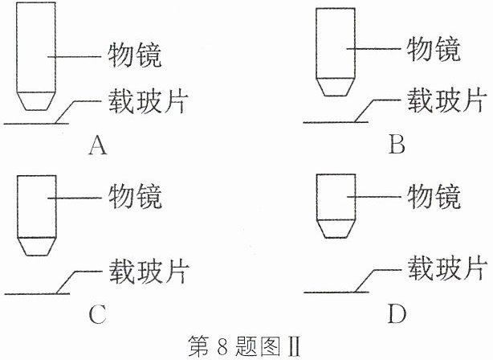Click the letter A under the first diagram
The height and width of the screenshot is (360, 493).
pyautogui.click(x=97, y=145)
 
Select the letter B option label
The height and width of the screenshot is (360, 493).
pyautogui.click(x=397, y=145)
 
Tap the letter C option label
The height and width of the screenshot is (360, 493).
pyautogui.click(x=97, y=314)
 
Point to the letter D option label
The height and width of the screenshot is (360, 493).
pyautogui.click(x=397, y=313)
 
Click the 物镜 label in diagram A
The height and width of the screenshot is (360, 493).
pyautogui.click(x=135, y=55)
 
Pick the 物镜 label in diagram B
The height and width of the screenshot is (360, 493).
pyautogui.click(x=434, y=49)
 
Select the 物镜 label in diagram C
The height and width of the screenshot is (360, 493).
pyautogui.click(x=135, y=197)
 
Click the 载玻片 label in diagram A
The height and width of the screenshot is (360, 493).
pyautogui.click(x=148, y=100)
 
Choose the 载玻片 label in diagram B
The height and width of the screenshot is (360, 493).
pyautogui.click(x=445, y=100)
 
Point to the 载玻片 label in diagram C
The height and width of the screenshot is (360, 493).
pyautogui.click(x=149, y=271)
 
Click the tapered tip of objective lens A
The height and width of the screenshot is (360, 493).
pyautogui.click(x=36, y=101)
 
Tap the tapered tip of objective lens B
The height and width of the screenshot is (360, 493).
pyautogui.click(x=336, y=87)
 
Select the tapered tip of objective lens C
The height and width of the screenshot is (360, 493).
pyautogui.click(x=36, y=246)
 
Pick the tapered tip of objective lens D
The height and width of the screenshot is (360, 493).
pyautogui.click(x=336, y=229)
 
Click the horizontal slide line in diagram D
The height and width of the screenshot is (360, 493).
pyautogui.click(x=336, y=292)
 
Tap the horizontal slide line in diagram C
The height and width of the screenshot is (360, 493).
pyautogui.click(x=37, y=294)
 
